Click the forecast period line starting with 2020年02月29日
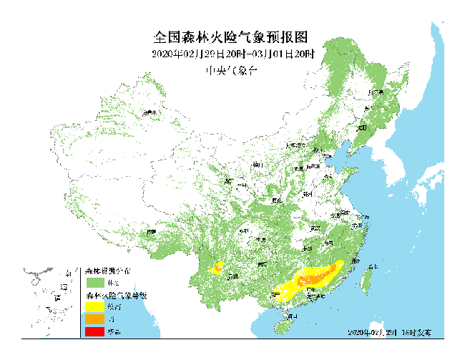(233, 54)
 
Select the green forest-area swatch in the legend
(95, 282)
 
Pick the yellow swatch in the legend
(95, 306)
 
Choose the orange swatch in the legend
(95, 318)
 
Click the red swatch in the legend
(95, 331)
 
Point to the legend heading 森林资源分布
(108, 271)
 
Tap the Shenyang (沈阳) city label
(363, 127)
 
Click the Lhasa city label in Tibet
(151, 232)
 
